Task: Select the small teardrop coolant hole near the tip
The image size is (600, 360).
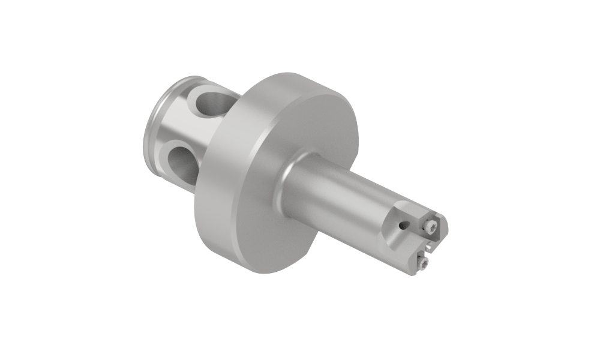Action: tap(404, 225)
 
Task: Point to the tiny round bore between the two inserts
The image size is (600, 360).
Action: tap(429, 247)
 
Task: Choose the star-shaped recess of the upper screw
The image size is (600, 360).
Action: tap(431, 226)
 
